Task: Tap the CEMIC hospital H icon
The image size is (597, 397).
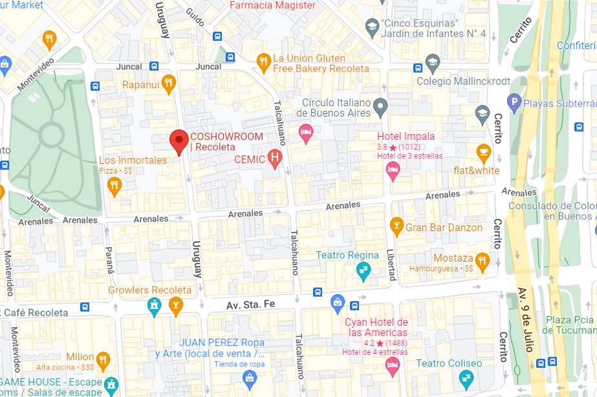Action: (275, 157)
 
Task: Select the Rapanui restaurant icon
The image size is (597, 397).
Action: (169, 83)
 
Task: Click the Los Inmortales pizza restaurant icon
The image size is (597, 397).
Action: (114, 186)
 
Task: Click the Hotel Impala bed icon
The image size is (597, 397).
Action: (392, 170)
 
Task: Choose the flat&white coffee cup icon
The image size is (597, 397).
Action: (483, 152)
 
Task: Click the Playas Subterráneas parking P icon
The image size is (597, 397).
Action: (515, 101)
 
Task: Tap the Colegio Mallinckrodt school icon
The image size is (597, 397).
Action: (432, 62)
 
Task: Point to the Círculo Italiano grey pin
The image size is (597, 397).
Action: (381, 105)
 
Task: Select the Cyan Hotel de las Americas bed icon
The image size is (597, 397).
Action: (391, 366)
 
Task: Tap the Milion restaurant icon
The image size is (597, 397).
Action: (103, 359)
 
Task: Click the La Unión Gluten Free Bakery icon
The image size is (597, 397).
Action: (263, 62)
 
